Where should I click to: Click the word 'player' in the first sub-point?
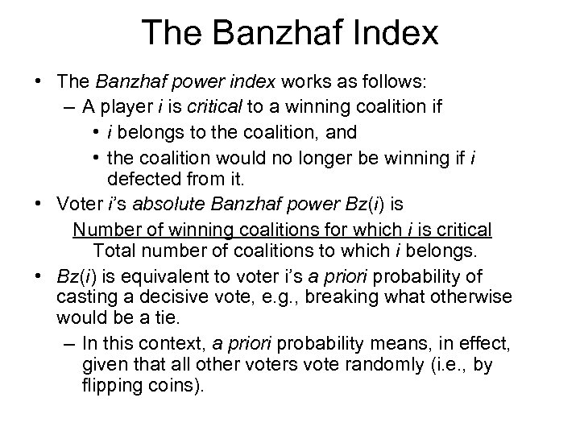coord(129,108)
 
